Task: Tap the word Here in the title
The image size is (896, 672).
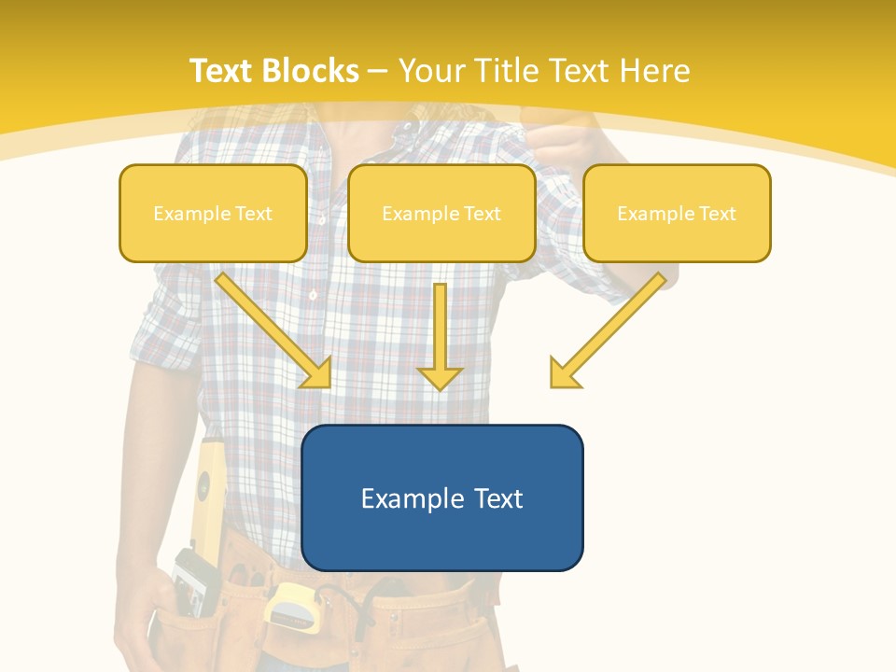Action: point(653,71)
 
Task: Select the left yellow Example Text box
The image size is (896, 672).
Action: point(213,214)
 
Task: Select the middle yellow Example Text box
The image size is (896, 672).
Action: point(441,214)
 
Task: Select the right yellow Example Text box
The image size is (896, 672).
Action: point(677,214)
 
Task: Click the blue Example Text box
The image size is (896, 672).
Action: point(441,497)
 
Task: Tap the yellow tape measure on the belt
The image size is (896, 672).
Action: point(290,607)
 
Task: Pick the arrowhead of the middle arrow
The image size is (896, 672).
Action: point(440,378)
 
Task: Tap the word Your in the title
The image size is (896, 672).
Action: point(430,71)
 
